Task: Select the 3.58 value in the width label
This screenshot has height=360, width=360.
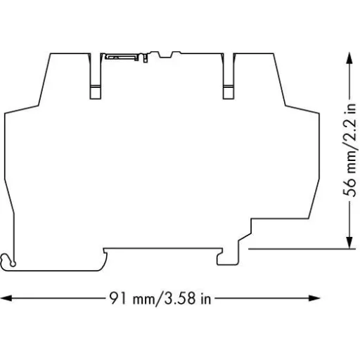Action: coord(179,300)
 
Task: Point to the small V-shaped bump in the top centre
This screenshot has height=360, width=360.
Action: coord(167,54)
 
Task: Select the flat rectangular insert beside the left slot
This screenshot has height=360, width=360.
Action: coord(117,56)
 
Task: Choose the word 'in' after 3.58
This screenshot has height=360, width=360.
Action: coord(205,300)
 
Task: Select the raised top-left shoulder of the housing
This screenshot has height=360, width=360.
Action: coord(67,53)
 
